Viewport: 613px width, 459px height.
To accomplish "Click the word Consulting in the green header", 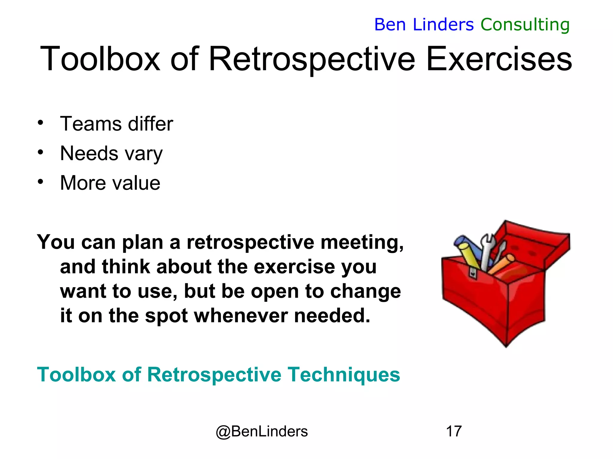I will click(525, 25).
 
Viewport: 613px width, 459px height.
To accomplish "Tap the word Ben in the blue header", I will click(390, 25).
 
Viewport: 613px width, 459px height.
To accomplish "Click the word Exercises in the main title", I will click(499, 59).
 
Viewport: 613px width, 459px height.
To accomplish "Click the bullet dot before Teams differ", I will click(41, 123).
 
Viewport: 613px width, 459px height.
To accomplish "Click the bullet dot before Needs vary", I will click(41, 152).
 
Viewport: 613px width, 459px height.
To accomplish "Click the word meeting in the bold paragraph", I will click(362, 242).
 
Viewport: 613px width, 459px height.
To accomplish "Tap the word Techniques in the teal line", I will click(344, 374).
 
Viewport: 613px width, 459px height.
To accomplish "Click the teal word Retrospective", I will click(214, 374).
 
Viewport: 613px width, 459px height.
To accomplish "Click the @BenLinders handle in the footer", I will click(262, 431).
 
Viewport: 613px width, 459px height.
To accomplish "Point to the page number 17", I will click(454, 431).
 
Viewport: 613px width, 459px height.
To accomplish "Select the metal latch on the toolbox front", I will click(473, 272).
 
